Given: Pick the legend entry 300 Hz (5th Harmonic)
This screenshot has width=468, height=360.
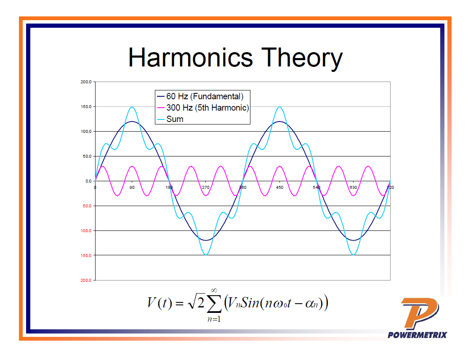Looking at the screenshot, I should tap(207, 108).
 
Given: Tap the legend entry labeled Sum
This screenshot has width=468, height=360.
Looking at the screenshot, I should tap(175, 119).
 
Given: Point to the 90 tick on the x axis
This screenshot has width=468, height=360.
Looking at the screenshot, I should tap(132, 188).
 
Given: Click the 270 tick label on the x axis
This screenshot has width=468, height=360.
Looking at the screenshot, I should tap(206, 188).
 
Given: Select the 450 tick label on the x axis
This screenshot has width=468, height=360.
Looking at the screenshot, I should tap(279, 188).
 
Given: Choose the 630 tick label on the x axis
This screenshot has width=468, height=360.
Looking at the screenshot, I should tap(353, 188).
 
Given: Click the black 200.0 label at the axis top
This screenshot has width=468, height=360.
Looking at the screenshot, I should tap(86, 82).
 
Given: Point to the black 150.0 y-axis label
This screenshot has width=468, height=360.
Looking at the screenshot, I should tap(86, 107).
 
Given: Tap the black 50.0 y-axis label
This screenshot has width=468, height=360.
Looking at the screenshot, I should tap(87, 156).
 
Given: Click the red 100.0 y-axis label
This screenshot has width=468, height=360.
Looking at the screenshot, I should tap(86, 231).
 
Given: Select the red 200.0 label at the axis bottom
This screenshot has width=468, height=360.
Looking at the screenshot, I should tap(86, 280).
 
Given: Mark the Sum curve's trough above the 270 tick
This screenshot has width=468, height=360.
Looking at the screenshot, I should tap(206, 254).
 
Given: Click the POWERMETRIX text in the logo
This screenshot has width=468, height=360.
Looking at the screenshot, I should tap(417, 335).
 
